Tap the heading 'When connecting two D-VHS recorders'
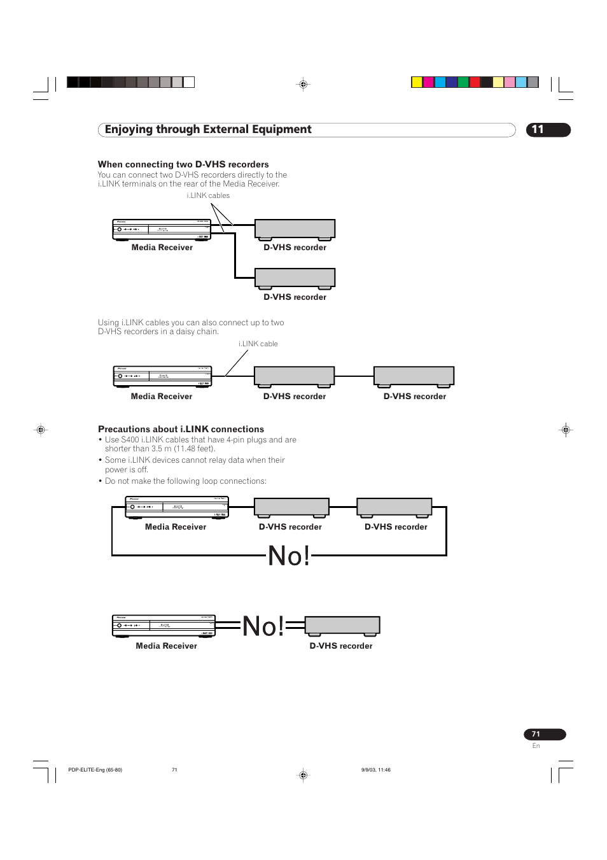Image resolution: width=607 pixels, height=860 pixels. click(183, 164)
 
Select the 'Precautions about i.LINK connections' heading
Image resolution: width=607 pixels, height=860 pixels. click(181, 429)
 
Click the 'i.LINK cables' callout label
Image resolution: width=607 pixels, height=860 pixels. click(208, 195)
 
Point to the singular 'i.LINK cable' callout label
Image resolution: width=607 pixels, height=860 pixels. click(258, 344)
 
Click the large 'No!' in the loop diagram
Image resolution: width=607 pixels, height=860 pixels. click(289, 556)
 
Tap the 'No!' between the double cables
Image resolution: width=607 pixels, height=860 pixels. click(263, 626)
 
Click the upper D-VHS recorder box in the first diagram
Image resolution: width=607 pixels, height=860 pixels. click(295, 229)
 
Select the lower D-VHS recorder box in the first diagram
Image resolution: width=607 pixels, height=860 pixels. click(295, 278)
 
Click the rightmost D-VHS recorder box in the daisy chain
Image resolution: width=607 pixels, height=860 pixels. click(414, 376)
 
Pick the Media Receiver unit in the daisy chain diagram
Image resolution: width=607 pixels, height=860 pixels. click(162, 376)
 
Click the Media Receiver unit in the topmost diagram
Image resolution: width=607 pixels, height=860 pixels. click(162, 229)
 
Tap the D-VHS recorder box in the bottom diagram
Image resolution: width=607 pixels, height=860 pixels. click(342, 625)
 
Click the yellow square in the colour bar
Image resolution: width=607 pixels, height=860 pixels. click(417, 82)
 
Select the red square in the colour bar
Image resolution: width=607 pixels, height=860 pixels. click(475, 82)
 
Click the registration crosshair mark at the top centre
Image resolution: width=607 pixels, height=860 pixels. click(303, 84)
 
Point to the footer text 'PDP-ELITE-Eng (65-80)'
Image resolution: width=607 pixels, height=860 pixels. click(95, 770)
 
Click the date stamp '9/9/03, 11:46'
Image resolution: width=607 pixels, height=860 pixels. click(375, 770)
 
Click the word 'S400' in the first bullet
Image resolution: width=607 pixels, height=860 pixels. click(130, 440)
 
